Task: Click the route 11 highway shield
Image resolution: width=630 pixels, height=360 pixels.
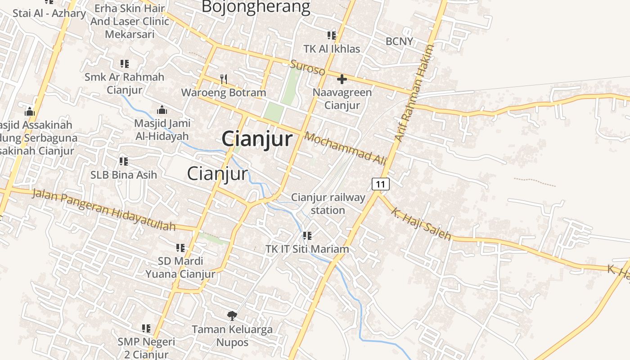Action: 381,184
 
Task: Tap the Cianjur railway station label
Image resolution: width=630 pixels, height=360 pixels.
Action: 328,204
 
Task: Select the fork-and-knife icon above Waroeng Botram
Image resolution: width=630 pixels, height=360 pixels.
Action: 224,79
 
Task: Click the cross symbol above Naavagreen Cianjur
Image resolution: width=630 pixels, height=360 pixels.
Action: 342,79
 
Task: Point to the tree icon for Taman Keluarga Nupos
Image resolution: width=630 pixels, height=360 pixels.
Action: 232,315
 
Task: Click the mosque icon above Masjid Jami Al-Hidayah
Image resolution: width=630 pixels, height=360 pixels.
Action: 162,109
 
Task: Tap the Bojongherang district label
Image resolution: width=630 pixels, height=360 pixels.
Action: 256,7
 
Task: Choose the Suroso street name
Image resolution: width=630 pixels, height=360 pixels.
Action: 307,68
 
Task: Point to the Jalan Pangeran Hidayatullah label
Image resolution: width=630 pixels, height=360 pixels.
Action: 103,210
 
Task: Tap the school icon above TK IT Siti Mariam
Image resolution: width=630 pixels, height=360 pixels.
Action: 307,235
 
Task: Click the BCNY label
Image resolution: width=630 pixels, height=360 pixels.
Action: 399,41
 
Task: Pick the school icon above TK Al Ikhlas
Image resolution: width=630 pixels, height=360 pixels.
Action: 332,35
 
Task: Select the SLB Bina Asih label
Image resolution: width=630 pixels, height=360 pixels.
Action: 124,175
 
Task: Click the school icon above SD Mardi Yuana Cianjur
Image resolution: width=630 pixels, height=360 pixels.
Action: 180,247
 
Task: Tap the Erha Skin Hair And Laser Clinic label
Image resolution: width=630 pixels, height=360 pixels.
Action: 130,21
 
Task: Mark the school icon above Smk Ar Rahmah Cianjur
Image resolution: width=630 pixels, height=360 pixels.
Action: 125,64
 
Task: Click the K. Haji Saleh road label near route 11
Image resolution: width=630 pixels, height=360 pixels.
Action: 420,224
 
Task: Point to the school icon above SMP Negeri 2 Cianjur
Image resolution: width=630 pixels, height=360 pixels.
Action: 146,328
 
